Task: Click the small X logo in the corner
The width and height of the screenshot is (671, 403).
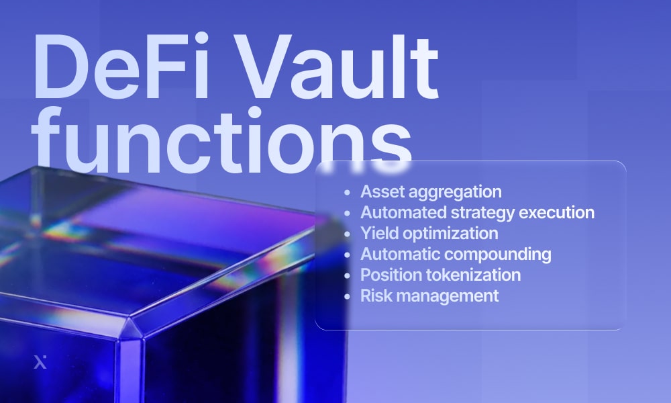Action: [x=40, y=363]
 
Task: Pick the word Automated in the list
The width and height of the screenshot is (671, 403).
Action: [x=400, y=212]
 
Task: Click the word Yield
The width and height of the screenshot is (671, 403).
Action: [x=378, y=233]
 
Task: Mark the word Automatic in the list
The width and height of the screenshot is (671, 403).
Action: [x=400, y=254]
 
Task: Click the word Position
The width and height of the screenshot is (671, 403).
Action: [x=389, y=275]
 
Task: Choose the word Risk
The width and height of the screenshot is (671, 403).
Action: [x=374, y=296]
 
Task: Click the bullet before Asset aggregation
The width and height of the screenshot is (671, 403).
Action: [x=346, y=192]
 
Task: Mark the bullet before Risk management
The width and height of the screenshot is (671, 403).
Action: [x=346, y=296]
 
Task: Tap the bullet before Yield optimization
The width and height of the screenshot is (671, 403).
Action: [x=346, y=234]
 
